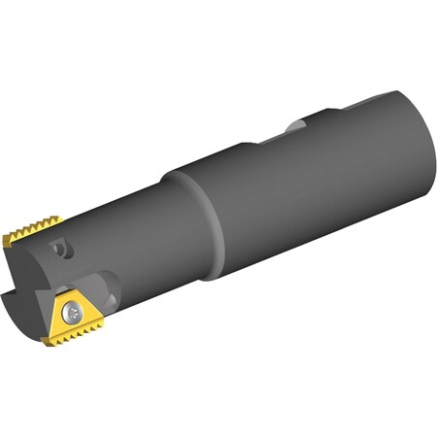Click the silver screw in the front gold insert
pos(75,314)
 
